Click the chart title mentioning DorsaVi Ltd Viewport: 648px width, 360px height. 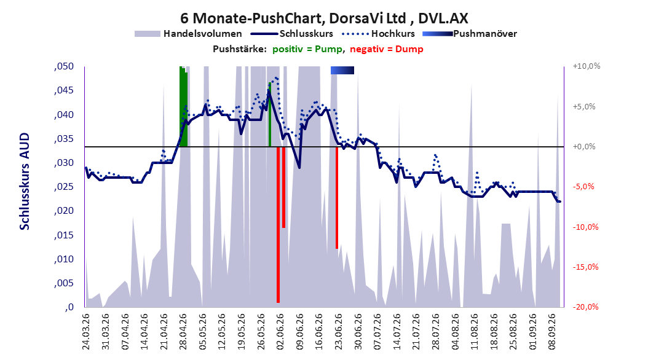click(x=324, y=18)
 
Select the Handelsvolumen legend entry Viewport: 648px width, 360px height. click(x=189, y=34)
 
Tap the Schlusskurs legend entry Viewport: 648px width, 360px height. click(x=292, y=34)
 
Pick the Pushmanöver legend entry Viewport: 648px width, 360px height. click(x=470, y=34)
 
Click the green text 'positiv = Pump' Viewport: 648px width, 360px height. click(x=307, y=49)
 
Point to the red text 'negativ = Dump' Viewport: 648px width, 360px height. click(x=387, y=49)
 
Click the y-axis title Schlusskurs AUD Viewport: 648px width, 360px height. click(x=25, y=181)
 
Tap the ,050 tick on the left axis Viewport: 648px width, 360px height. click(x=64, y=66)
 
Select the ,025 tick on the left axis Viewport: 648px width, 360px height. click(x=64, y=187)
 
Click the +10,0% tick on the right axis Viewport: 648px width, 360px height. click(x=587, y=66)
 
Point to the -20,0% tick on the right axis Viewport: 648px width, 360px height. click(x=585, y=307)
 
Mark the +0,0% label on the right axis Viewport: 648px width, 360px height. click(x=584, y=147)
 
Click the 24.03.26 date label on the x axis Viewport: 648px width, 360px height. click(x=86, y=332)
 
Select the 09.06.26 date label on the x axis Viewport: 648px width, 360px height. click(x=299, y=332)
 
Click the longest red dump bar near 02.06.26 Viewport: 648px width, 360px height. click(x=278, y=225)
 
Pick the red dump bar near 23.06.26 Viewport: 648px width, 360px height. click(x=337, y=197)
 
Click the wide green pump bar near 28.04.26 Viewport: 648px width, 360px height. click(x=183, y=106)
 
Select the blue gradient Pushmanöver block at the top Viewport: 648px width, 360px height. click(x=342, y=70)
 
